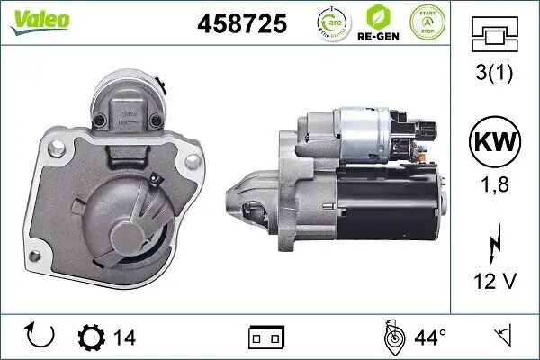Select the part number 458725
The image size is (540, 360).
tap(241, 23)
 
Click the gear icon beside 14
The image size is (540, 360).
tap(91, 337)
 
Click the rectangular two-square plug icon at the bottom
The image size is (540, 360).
tap(266, 338)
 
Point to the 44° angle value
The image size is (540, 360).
tap(429, 338)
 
